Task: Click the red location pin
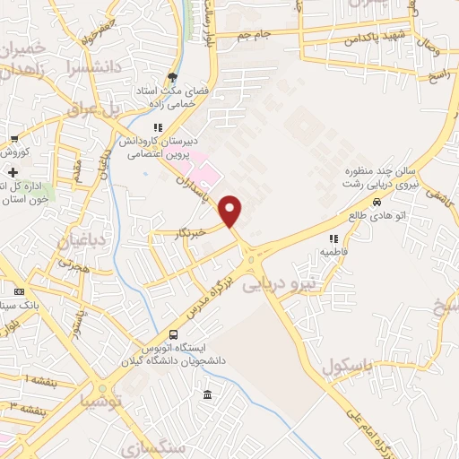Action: click(231, 211)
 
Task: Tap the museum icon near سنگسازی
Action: click(208, 395)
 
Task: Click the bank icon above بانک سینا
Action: click(20, 292)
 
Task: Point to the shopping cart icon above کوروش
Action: click(14, 139)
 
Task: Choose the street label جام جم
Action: click(255, 34)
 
